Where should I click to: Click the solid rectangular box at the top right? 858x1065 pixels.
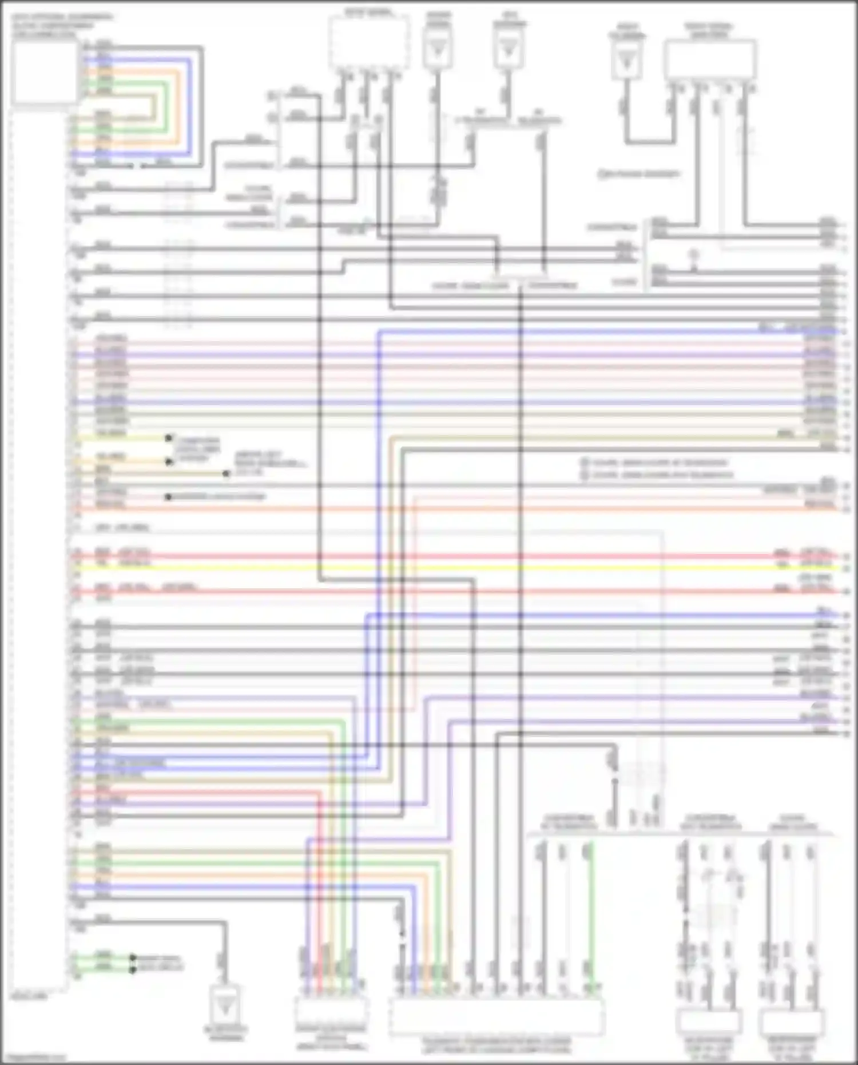(710, 60)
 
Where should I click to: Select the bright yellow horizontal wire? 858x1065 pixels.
(458, 568)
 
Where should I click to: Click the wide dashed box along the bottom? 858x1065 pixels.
(496, 1016)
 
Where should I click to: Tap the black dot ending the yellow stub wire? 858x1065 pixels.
(169, 438)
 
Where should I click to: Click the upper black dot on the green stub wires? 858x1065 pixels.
(133, 957)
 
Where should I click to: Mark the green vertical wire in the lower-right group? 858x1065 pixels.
(591, 916)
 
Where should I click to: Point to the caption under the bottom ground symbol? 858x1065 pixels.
(225, 1033)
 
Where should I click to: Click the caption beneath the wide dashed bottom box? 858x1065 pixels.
(496, 1045)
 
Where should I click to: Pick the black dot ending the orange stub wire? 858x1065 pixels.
(169, 461)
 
